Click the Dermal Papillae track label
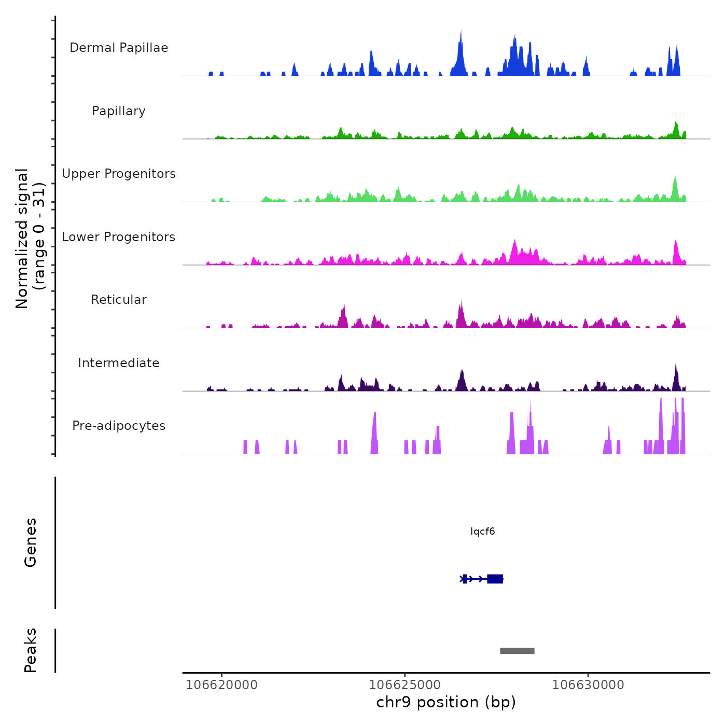click(x=119, y=48)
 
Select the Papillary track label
click(x=119, y=111)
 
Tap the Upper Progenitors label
click(x=119, y=174)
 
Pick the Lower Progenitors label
click(x=119, y=237)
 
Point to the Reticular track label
click(x=119, y=300)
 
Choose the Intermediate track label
click(x=119, y=363)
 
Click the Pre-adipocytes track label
click(x=119, y=426)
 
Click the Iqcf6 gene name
click(x=482, y=532)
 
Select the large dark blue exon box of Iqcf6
click(x=495, y=579)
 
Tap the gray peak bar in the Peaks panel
click(x=517, y=651)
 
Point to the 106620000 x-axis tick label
click(x=221, y=685)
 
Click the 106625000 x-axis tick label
click(x=404, y=685)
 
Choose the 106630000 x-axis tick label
click(x=588, y=685)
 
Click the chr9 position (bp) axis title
click(x=446, y=703)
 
